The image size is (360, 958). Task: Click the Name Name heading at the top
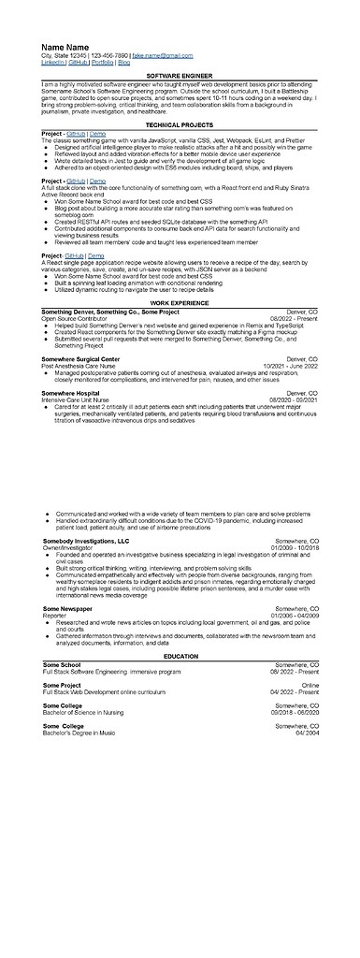point(65,47)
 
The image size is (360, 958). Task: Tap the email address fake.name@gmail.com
point(163,55)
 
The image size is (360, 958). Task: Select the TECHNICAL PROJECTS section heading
point(180,123)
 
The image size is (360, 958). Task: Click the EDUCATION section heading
point(180,656)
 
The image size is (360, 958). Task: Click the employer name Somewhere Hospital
point(71,394)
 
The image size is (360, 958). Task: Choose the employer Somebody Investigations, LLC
point(86,541)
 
